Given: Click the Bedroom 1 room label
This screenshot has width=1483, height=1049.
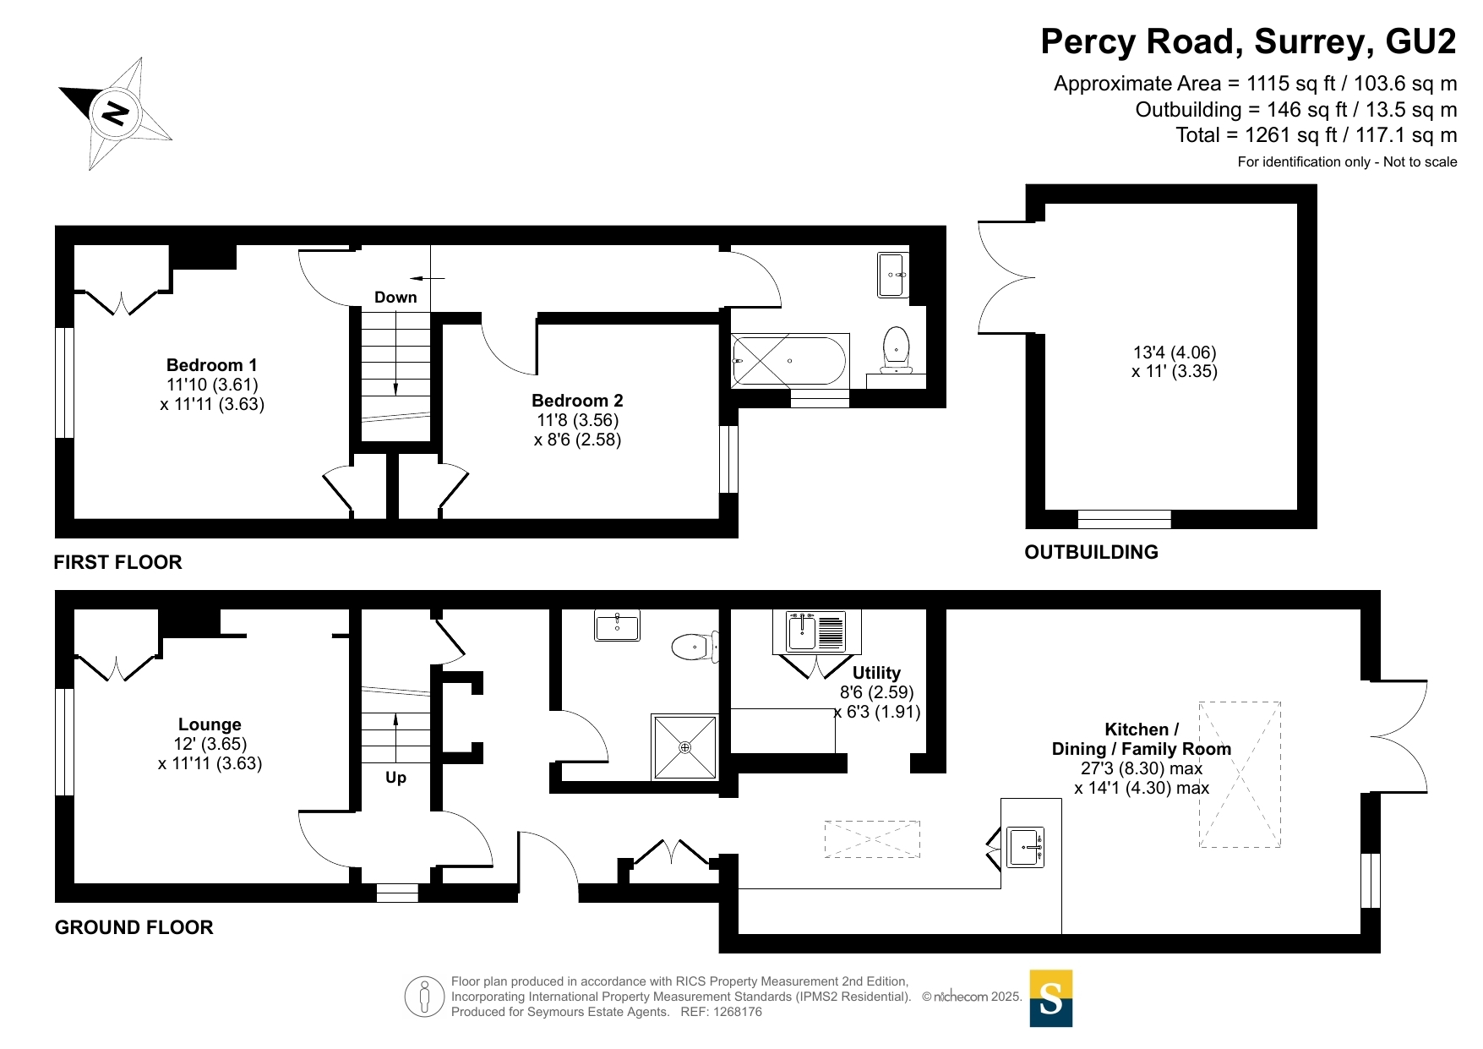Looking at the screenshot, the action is point(212,365).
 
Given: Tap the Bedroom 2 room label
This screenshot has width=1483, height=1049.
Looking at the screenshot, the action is point(577,401).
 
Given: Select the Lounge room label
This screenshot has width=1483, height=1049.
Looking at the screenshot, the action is point(210,724).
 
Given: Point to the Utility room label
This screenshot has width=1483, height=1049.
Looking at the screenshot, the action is point(876,673).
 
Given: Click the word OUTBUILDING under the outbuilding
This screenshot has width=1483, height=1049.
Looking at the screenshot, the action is point(1091,552).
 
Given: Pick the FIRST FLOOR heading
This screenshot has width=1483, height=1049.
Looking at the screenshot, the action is point(117,562).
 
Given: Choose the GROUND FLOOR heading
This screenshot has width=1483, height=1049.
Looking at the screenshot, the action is point(134,927).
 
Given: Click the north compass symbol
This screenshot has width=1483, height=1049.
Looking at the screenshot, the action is point(116,113).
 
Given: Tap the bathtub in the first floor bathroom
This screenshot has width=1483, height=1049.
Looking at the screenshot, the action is point(789,360).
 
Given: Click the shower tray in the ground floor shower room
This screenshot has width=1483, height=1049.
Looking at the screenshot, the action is point(684,747).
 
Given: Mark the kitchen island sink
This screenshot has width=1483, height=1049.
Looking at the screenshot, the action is point(1025,847).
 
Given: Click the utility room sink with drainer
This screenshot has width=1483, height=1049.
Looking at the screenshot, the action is point(816,631).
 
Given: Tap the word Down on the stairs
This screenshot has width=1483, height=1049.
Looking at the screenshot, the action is point(395,298).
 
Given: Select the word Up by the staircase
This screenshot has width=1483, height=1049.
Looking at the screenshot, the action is point(395,778).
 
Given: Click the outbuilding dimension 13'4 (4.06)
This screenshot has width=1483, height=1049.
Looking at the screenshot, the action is point(1175,352).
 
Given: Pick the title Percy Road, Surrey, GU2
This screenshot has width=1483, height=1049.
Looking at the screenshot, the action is point(1248,41).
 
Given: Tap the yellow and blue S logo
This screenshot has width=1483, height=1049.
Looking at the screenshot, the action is point(1051,998).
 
